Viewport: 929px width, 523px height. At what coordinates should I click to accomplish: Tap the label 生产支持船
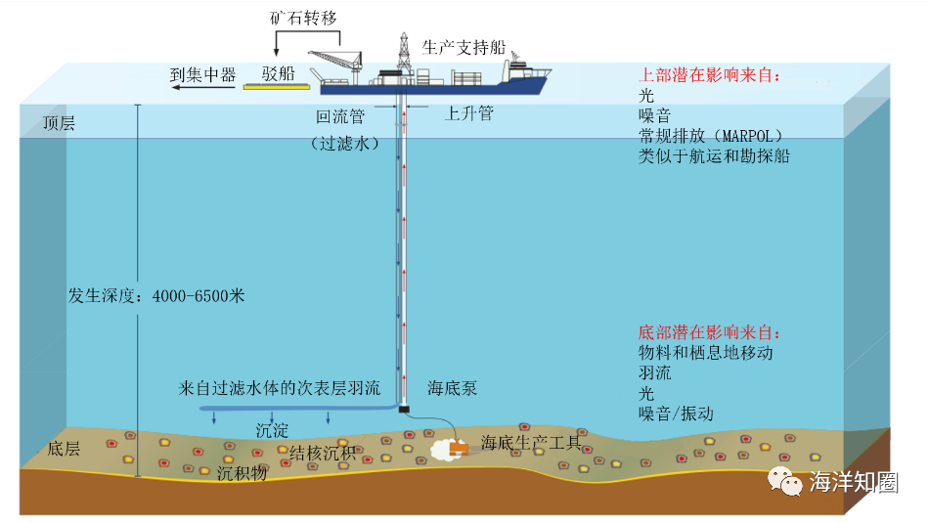464,48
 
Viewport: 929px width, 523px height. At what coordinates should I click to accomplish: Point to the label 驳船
278,72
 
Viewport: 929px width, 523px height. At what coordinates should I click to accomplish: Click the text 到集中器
203,73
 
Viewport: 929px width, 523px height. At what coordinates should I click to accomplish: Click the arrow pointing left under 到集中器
202,88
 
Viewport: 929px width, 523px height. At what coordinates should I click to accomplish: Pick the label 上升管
469,113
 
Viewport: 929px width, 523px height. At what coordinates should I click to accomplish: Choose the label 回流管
339,116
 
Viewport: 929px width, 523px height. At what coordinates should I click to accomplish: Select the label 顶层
59,124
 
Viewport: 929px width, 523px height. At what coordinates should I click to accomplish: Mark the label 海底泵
453,388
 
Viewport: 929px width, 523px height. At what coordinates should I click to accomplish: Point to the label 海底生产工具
531,444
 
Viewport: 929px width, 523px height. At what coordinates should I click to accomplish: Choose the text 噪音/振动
676,414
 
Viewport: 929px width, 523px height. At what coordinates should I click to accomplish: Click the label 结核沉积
323,453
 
